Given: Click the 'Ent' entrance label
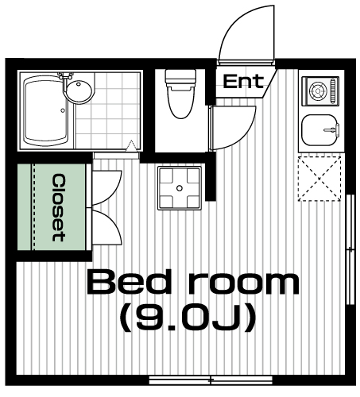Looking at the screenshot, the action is pos(243,81).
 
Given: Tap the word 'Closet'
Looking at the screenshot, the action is pos(59,207).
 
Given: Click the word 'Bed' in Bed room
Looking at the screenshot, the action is pos(130,282).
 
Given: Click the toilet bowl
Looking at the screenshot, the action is pos(180,102).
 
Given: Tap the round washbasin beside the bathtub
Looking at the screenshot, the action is pos(79,90).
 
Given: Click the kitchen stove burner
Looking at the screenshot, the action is pos(317,91).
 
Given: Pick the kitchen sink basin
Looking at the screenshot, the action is pos(319,129).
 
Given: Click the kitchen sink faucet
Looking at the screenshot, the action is pos(331,129).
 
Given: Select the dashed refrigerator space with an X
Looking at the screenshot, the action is pos(319,179).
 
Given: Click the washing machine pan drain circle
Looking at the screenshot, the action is pos(180,188).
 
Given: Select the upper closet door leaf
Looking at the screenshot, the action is pos(106,187).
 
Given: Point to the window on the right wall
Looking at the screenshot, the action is pos(350,249).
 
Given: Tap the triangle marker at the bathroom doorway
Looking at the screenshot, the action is pos(131,145).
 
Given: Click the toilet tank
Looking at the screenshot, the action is pos(180,77).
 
